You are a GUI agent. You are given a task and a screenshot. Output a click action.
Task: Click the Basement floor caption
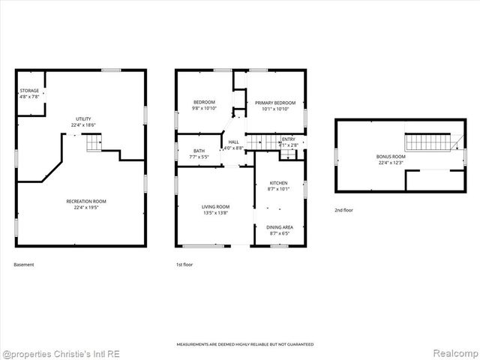24,264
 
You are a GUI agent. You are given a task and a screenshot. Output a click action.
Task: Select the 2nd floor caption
344,211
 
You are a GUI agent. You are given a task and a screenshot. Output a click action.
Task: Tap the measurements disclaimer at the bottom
244,344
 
